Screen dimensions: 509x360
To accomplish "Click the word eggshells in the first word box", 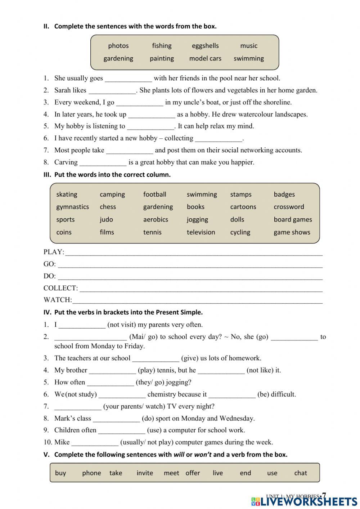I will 205,46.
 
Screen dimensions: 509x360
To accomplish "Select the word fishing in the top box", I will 162,46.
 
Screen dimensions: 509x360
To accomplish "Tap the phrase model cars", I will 205,58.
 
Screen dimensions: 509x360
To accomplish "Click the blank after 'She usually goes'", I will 128,79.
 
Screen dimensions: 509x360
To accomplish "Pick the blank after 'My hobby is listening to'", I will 150,126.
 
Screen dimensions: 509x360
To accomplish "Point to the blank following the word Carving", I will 103,162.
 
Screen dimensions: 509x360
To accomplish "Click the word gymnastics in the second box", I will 72,207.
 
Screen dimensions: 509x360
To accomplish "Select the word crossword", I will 289,207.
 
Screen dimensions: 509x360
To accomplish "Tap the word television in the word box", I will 201,232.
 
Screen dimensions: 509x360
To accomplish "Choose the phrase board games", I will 293,219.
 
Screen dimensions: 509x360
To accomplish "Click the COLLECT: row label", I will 60,288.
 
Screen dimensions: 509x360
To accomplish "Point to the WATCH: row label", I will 58,300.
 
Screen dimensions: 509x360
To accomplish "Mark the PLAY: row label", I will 54,252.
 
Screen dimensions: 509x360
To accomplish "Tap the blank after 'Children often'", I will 122,430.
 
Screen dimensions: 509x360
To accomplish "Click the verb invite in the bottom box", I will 145,473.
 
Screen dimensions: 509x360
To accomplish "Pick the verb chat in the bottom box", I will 301,473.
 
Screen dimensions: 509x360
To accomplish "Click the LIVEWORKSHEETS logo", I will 304,501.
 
